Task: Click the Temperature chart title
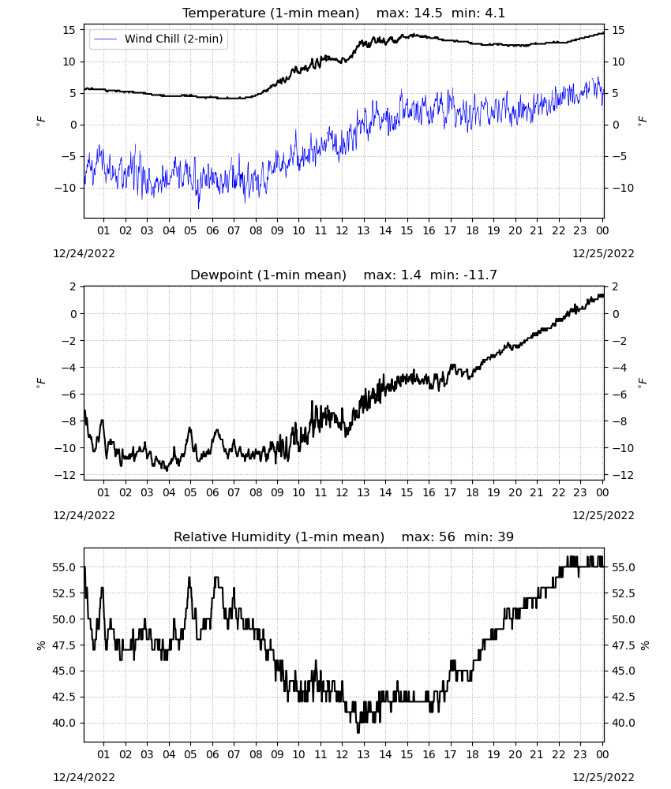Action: click(x=271, y=13)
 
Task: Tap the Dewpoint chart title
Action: click(x=268, y=275)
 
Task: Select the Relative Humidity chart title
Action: click(x=279, y=537)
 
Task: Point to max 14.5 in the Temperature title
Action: click(x=409, y=13)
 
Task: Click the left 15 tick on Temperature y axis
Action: click(x=69, y=30)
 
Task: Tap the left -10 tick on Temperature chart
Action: click(x=65, y=188)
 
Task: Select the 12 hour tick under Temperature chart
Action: click(x=342, y=230)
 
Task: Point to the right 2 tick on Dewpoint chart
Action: click(x=615, y=287)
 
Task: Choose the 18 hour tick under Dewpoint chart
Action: click(x=471, y=492)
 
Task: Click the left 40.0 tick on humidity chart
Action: click(x=64, y=723)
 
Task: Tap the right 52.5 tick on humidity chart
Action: click(x=623, y=593)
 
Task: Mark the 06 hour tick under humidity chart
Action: click(x=212, y=754)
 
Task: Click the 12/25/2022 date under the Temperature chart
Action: click(x=603, y=253)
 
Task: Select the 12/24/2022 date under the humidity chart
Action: click(x=84, y=777)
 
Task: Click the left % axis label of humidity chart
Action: click(x=41, y=645)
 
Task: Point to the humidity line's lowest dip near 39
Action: click(x=358, y=732)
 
